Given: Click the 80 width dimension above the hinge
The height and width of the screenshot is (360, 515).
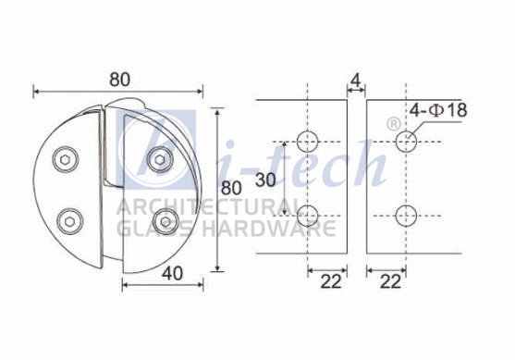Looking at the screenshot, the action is [x=119, y=80].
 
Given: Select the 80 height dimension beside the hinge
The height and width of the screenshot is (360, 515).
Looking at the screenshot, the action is [x=231, y=189].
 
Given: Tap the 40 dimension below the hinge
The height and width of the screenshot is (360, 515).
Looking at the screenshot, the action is [x=172, y=274].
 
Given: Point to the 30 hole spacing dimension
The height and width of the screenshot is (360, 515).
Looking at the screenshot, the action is [x=265, y=180].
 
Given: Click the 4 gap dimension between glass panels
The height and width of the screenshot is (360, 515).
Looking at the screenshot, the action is [x=356, y=81].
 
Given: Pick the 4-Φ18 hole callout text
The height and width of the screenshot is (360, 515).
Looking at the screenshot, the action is [x=438, y=110].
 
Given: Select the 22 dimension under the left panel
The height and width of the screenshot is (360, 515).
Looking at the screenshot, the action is [x=331, y=281].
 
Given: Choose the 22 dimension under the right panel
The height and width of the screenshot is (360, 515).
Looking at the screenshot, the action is [x=390, y=281].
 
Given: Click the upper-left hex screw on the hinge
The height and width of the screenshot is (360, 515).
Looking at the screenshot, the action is [x=66, y=159].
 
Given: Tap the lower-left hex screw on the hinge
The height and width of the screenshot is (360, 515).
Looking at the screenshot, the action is [x=69, y=221].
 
